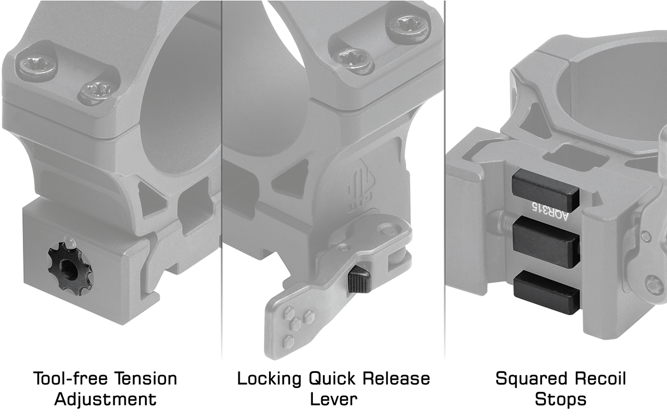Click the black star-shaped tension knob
coord(68,269)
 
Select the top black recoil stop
coord(545,188)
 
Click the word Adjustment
coord(105,399)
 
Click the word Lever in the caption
coord(333,399)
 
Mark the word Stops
coord(560,399)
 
